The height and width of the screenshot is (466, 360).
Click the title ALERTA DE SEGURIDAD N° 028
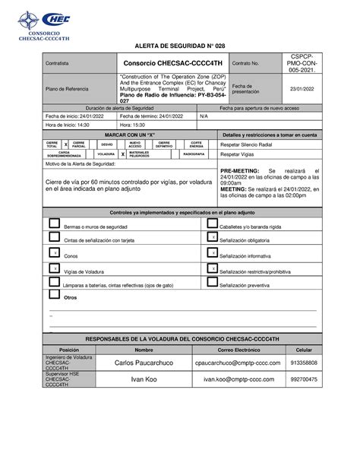(x=179, y=47)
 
